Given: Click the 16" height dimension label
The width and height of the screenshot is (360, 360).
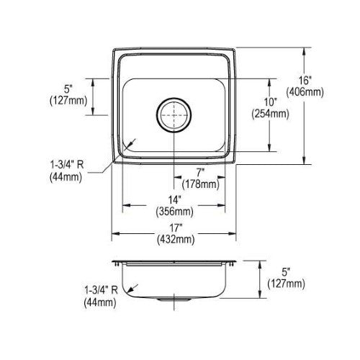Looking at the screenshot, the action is click(305, 81).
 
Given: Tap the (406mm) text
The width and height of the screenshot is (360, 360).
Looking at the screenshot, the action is click(305, 92).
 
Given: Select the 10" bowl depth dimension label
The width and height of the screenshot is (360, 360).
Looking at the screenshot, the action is click(270, 102).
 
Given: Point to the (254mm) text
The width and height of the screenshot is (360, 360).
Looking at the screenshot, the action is click(270, 114).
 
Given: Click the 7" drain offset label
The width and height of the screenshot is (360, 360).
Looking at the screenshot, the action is click(200, 173).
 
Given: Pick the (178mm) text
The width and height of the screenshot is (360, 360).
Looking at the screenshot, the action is click(201, 184).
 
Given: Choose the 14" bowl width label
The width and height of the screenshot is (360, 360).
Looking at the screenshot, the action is click(174, 199).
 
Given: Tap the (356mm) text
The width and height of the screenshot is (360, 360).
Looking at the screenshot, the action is click(174, 212).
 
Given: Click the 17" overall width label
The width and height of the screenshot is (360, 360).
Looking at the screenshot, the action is click(176, 228).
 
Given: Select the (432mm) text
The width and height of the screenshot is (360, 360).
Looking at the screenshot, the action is click(176, 239).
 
